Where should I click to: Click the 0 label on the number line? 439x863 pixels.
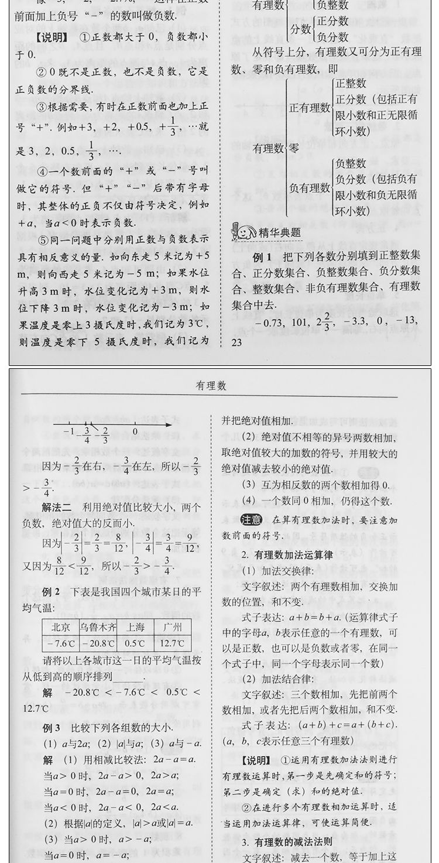pos(135,434)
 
